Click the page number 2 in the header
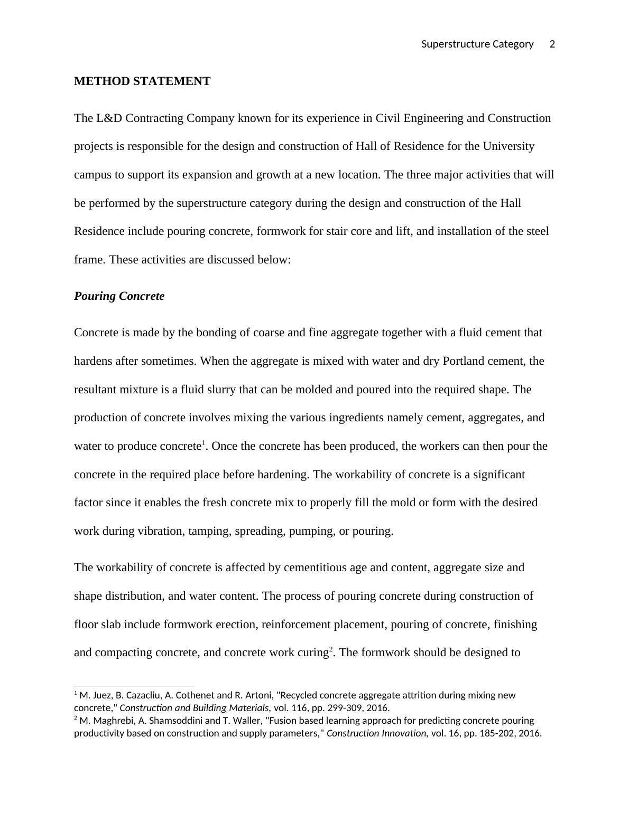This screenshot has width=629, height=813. point(552,44)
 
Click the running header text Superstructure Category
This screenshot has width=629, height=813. point(477,44)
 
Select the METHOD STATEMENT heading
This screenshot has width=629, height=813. point(142,81)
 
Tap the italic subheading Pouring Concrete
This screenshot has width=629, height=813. point(119,296)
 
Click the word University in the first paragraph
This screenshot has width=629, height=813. point(508,146)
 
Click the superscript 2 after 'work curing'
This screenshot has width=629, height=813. point(331,649)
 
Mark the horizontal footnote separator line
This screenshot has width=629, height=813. point(134,686)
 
